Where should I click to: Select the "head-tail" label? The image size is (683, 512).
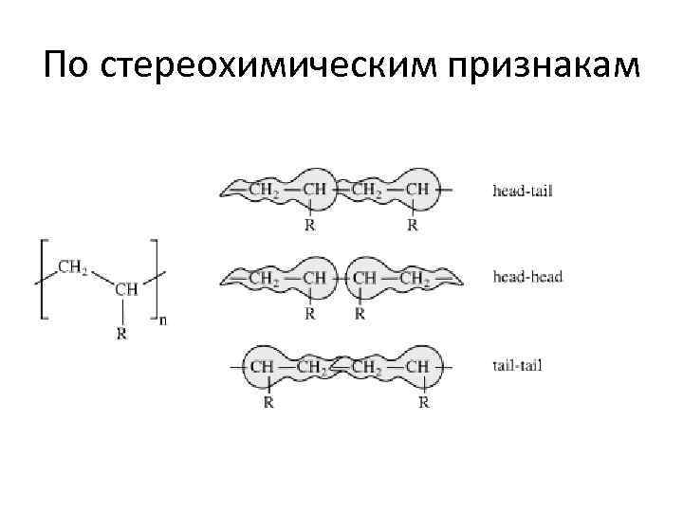click(x=523, y=191)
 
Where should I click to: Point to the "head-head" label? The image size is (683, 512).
click(x=527, y=277)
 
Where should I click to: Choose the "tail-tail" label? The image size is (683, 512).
click(x=517, y=364)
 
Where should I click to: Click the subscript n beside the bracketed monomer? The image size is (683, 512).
click(x=162, y=320)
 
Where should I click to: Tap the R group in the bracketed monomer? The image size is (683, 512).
click(x=120, y=333)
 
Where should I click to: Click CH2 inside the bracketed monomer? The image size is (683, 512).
click(x=74, y=268)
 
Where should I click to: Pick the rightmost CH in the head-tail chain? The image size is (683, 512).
click(x=417, y=191)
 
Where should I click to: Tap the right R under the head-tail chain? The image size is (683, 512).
click(x=413, y=226)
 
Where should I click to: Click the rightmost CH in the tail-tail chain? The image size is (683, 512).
click(x=417, y=365)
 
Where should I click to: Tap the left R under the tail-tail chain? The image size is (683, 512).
click(x=269, y=402)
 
